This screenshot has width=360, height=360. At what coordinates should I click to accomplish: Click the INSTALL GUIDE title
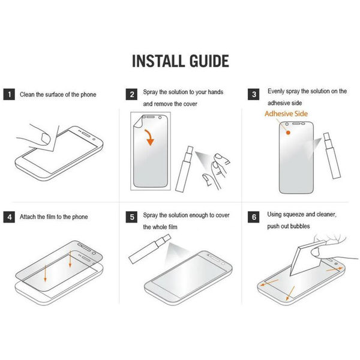(180, 61)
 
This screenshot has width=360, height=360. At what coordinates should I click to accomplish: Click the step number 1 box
(10, 94)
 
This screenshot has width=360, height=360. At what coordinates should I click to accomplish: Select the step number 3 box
(254, 94)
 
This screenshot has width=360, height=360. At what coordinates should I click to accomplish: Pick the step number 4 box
(10, 217)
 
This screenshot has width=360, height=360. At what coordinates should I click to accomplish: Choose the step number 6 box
(254, 217)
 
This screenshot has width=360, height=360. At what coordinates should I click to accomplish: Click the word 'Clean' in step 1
(28, 94)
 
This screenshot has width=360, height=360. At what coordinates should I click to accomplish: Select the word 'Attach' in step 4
(29, 217)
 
